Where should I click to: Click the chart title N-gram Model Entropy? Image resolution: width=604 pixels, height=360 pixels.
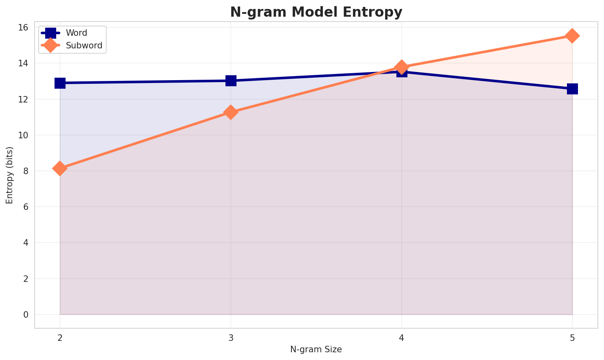pyautogui.click(x=316, y=12)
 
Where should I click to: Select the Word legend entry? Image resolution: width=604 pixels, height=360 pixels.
pyautogui.click(x=77, y=33)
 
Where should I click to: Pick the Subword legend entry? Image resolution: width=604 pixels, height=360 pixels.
pyautogui.click(x=84, y=46)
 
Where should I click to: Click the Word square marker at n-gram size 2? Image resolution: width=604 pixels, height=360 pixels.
pyautogui.click(x=60, y=83)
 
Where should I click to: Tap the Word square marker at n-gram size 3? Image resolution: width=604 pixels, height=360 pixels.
pyautogui.click(x=231, y=81)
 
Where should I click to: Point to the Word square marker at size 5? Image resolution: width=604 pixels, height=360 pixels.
pyautogui.click(x=572, y=89)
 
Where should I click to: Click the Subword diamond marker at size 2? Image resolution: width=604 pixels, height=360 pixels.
pyautogui.click(x=60, y=168)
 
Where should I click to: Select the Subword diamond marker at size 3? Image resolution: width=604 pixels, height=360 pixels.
pyautogui.click(x=231, y=112)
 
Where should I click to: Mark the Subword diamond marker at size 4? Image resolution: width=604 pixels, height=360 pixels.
pyautogui.click(x=402, y=67)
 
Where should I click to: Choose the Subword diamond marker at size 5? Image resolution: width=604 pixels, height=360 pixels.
pyautogui.click(x=572, y=36)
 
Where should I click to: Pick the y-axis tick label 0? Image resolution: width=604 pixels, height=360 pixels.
pyautogui.click(x=26, y=314)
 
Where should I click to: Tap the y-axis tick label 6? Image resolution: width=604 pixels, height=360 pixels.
pyautogui.click(x=26, y=207)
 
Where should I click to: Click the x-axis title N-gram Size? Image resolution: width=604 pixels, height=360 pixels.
pyautogui.click(x=316, y=349)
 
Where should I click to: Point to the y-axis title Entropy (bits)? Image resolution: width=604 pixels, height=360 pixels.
pyautogui.click(x=9, y=175)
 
